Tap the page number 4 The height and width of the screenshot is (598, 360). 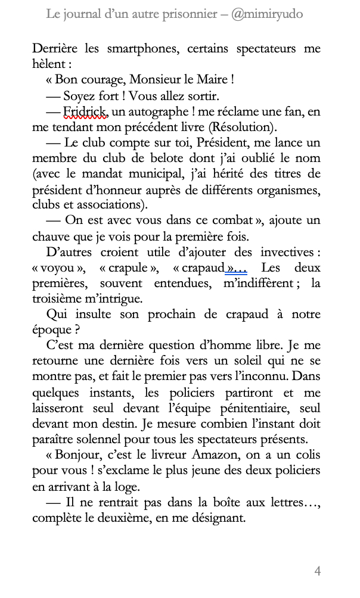318,571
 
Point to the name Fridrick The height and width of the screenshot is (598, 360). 86,111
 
